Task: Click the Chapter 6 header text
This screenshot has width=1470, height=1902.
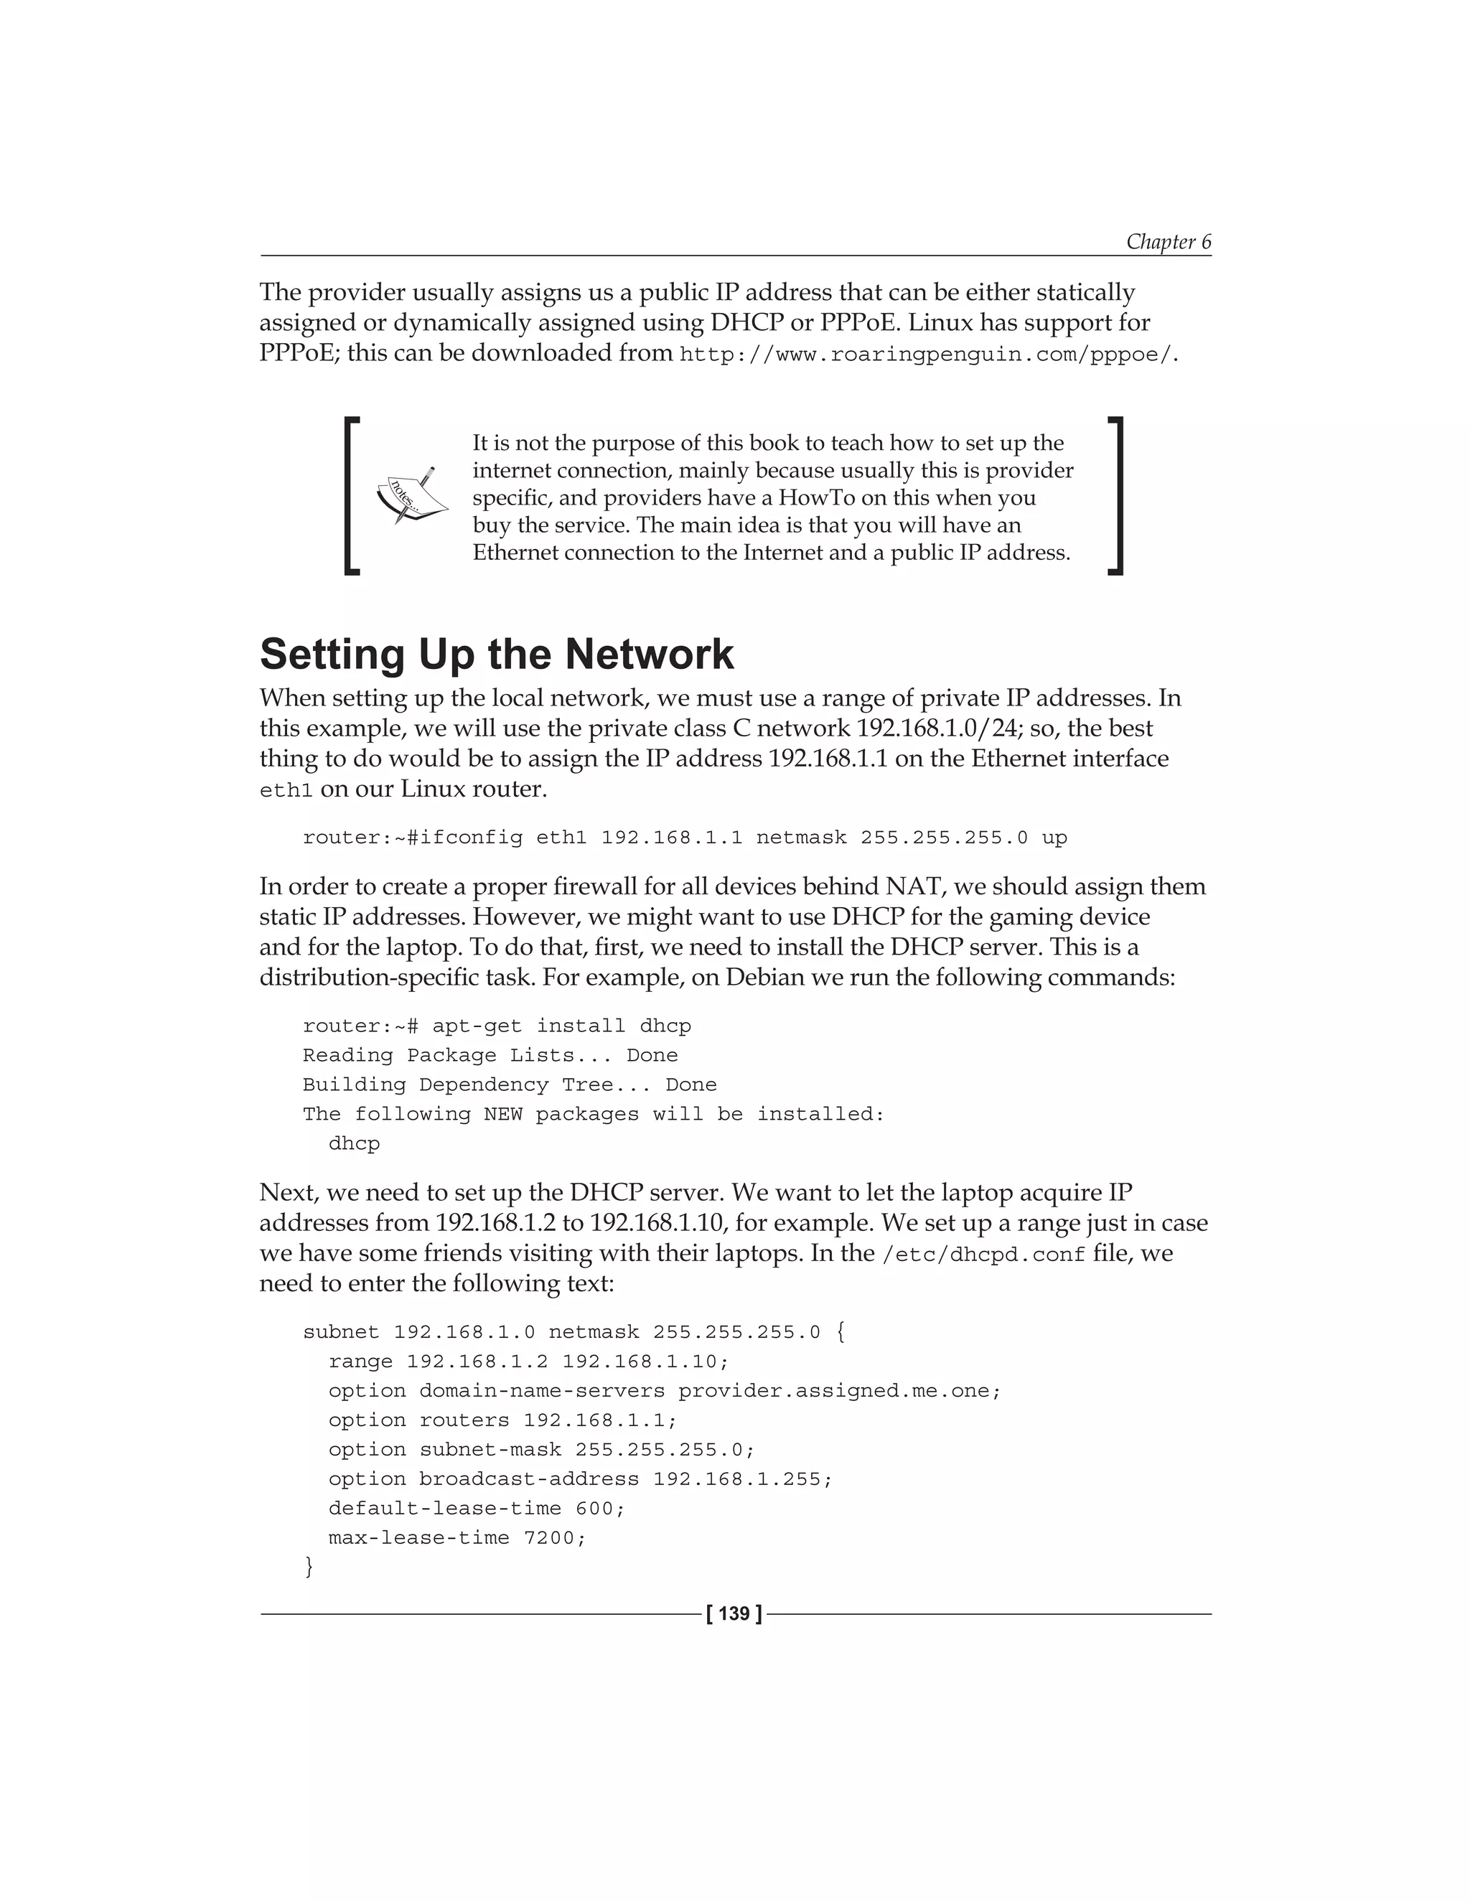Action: [x=1168, y=241]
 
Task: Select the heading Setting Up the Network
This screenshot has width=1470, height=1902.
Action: [x=497, y=654]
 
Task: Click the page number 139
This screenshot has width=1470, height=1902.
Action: [x=734, y=1613]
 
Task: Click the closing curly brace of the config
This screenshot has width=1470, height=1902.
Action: [x=308, y=1567]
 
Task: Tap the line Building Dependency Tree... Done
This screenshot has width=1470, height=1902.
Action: [x=510, y=1084]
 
